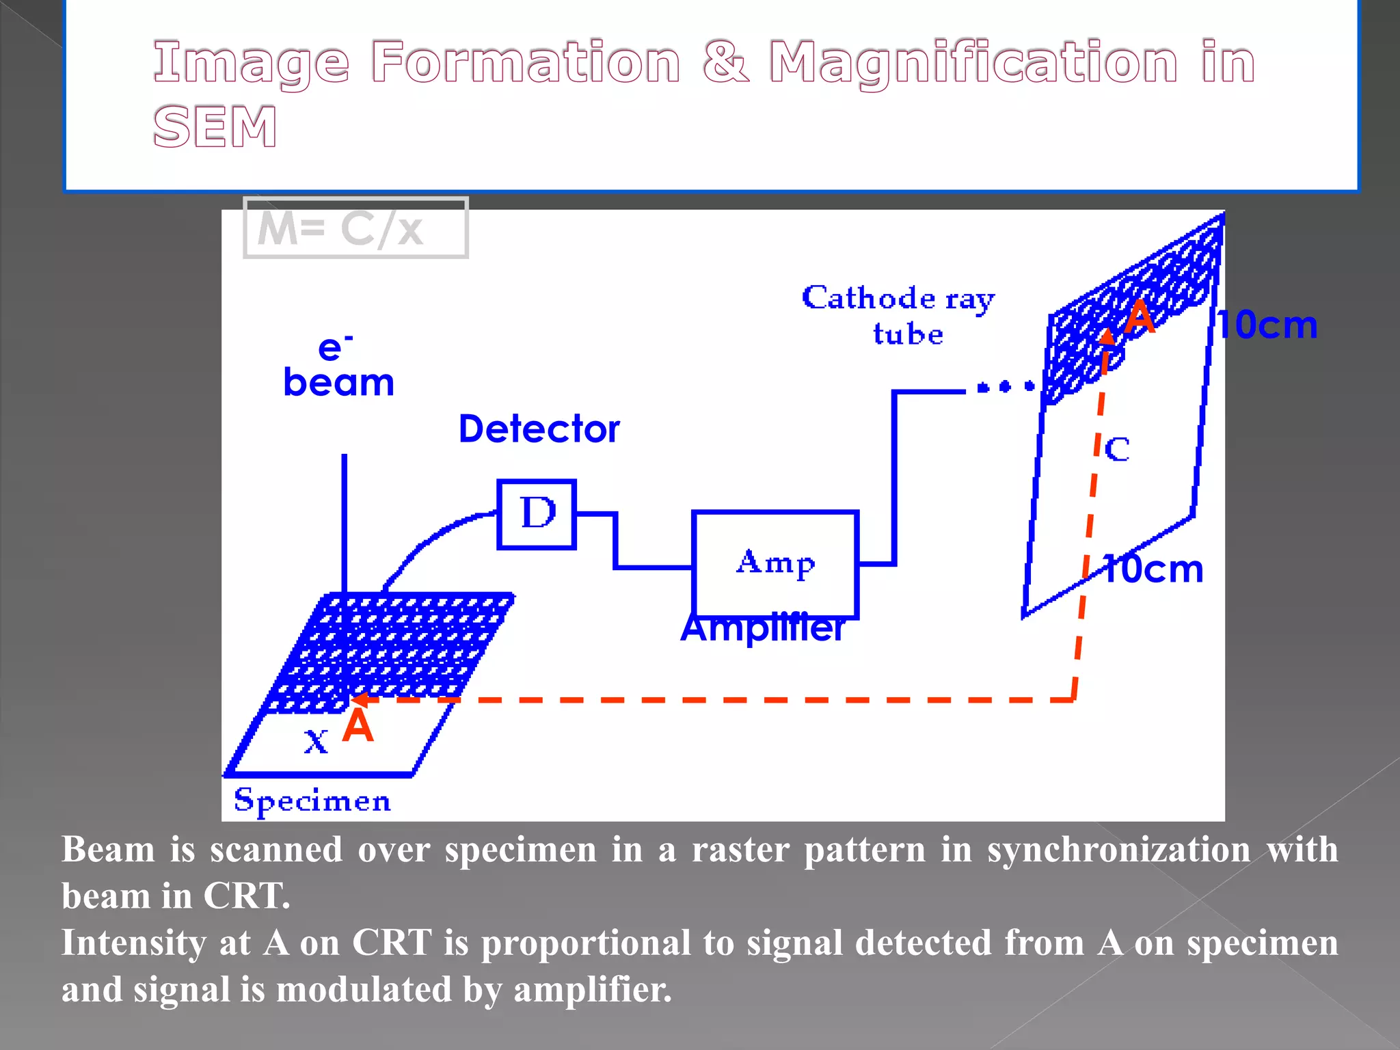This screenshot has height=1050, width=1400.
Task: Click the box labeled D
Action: pos(537,514)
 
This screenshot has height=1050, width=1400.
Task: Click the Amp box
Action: pos(775,563)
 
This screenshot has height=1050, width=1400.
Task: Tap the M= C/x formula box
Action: pos(355,228)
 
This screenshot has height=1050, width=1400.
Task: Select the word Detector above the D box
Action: pos(539,429)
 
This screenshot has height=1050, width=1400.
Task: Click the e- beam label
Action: pos(338,367)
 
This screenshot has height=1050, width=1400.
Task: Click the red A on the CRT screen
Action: pos(1140,318)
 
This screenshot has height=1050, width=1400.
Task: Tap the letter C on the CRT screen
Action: pos(1117,450)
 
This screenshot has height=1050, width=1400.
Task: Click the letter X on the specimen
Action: pos(316,742)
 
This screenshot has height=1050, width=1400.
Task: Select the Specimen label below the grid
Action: pos(312,800)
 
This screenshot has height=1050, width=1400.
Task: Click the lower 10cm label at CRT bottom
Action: pos(1153,569)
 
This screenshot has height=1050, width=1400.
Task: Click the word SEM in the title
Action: pos(215,127)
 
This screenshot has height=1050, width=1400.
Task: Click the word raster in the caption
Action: pos(740,850)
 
